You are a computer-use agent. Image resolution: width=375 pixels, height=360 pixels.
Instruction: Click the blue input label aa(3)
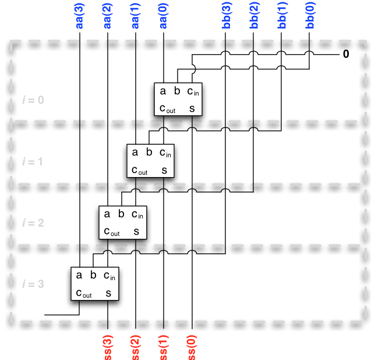(80, 16)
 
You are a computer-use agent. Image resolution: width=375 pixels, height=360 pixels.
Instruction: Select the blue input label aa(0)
(164, 16)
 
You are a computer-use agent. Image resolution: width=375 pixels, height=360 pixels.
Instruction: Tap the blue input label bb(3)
(227, 16)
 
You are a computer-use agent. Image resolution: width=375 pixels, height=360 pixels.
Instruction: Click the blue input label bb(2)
(254, 16)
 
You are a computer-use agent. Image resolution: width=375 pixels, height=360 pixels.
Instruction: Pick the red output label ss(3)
(108, 345)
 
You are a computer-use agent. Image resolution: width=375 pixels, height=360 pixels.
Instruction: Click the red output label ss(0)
(192, 345)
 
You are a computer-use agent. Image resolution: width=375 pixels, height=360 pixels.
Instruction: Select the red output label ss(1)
(164, 345)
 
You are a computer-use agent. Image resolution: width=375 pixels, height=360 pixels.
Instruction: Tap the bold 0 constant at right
(346, 55)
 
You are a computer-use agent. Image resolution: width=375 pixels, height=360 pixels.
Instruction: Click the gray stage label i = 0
(32, 100)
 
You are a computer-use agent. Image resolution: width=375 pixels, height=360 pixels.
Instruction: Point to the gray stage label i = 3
(32, 284)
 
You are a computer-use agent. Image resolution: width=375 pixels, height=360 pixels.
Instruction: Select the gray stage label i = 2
(32, 223)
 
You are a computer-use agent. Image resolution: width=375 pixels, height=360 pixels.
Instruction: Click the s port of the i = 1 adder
(164, 170)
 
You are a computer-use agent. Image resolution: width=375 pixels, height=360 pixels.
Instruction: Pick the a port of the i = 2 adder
(107, 214)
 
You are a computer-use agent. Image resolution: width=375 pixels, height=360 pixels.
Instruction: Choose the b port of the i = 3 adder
(93, 275)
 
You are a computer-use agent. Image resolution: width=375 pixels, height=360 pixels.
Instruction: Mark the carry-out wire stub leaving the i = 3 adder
(58, 314)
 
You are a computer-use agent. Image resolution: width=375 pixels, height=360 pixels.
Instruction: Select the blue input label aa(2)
(108, 16)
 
